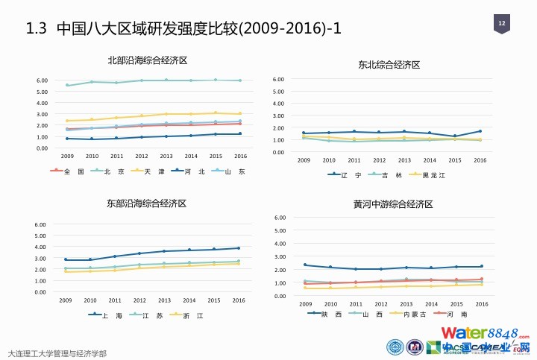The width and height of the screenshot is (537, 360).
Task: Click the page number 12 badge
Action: (502, 25)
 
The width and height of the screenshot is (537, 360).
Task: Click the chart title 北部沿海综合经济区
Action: (147, 60)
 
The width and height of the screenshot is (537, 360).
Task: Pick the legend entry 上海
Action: (113, 315)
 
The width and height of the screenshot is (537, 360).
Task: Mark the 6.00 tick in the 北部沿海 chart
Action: (43, 80)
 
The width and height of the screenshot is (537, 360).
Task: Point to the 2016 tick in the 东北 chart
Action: (480, 160)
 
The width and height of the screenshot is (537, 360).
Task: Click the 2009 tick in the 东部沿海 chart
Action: (66, 300)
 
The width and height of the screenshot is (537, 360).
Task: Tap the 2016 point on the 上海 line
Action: (239, 248)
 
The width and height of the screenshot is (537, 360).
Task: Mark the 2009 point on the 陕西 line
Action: (305, 265)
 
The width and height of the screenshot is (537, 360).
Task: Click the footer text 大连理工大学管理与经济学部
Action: (57, 353)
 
